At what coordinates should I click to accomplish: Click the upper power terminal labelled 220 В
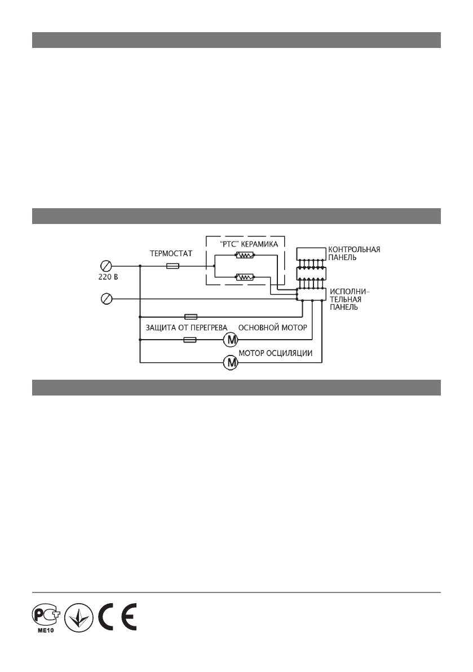coord(105,264)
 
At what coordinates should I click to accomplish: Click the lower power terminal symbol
coord(105,299)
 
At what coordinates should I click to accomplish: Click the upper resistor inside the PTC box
coord(245,256)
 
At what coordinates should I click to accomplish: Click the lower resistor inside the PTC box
coord(245,276)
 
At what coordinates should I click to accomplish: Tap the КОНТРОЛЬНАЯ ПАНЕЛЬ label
coord(354,252)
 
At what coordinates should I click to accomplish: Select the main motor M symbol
coord(231,340)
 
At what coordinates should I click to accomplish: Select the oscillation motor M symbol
coord(231,361)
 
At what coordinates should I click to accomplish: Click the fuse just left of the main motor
coord(190,340)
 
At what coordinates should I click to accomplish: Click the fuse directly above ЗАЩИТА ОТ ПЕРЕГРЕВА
coord(190,317)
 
